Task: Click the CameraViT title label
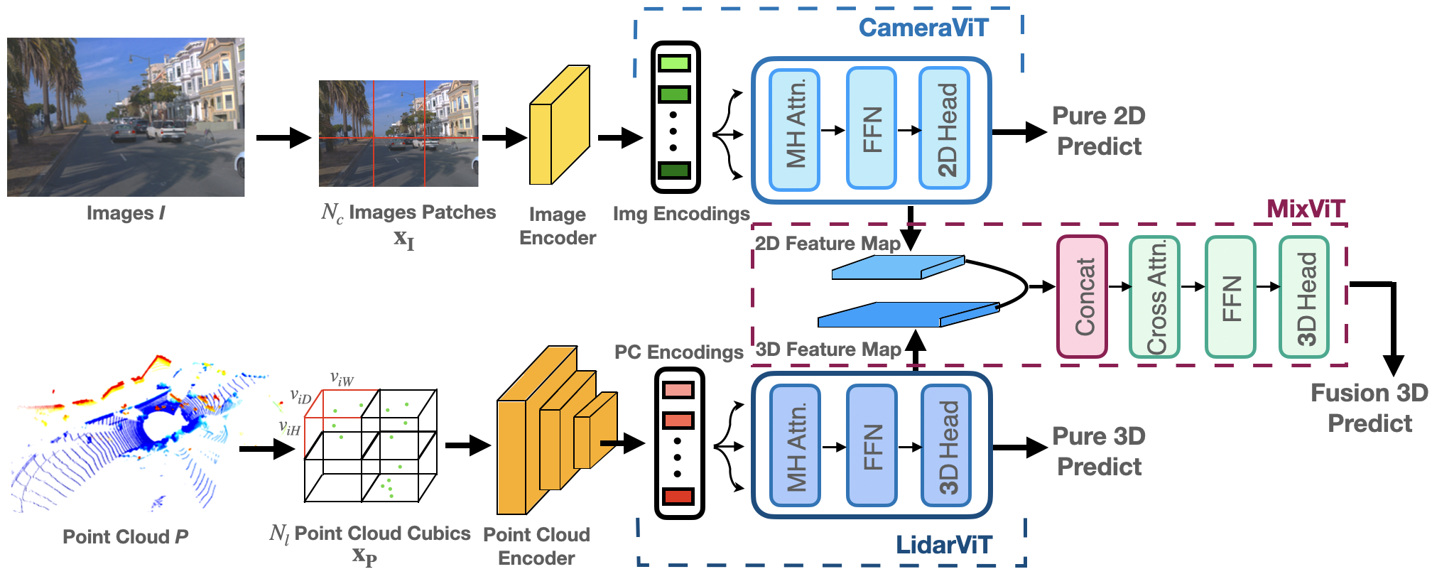tap(923, 28)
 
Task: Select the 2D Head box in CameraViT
tap(944, 129)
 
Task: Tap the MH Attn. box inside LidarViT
tap(795, 445)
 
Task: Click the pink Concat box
tap(1082, 296)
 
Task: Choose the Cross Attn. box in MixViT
tap(1154, 296)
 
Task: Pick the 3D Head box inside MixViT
tap(1303, 296)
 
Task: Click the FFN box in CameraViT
tap(872, 129)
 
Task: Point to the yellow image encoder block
tap(559, 128)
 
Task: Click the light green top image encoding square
tap(674, 63)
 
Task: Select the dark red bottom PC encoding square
tap(678, 497)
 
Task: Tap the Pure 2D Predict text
tap(1099, 131)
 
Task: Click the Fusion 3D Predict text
tap(1369, 408)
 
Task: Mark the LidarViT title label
tap(943, 545)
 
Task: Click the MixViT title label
tap(1306, 209)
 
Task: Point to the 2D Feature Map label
tap(827, 244)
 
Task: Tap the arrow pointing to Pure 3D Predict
tap(1019, 447)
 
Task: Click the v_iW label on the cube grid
tap(342, 379)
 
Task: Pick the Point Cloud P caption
tap(125, 536)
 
